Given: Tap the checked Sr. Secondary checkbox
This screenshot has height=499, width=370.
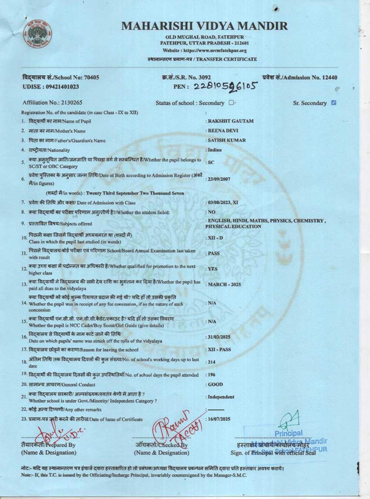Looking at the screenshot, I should pos(334,103).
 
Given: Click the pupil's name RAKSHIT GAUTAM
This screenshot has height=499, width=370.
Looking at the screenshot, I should pos(231,121).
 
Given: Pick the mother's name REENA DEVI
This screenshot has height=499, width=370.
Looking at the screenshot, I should pos(223,130).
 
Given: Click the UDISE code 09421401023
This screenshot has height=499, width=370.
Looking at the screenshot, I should pos(63,87).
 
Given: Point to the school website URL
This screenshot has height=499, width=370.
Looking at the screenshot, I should pos(220,51).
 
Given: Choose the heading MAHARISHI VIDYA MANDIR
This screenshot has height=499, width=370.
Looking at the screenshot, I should pos(204,26).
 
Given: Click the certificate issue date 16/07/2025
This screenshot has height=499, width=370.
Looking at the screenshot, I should pos(219,419).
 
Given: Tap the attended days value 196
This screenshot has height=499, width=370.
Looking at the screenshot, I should pos(212,375).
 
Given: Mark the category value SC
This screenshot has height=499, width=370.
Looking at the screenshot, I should pos(211,162).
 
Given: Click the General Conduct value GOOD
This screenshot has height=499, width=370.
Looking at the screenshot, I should pos(215,384).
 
